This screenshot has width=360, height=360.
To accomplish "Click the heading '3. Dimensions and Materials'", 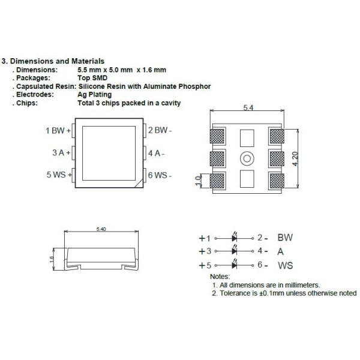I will [54, 61].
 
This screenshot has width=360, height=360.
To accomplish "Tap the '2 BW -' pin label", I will [160, 130].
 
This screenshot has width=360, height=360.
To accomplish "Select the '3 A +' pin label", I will [61, 152].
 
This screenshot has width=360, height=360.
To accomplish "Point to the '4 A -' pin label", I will [156, 152].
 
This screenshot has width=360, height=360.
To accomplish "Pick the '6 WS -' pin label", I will [160, 175].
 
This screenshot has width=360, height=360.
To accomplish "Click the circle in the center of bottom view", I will [247, 159].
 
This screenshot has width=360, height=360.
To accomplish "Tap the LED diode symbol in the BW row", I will [235, 238].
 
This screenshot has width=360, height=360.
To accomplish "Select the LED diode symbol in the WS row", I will [235, 265].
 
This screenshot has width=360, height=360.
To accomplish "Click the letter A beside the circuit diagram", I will [281, 251].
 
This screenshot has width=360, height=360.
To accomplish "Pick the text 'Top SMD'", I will [91, 78].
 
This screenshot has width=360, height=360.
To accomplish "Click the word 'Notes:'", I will [220, 276].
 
